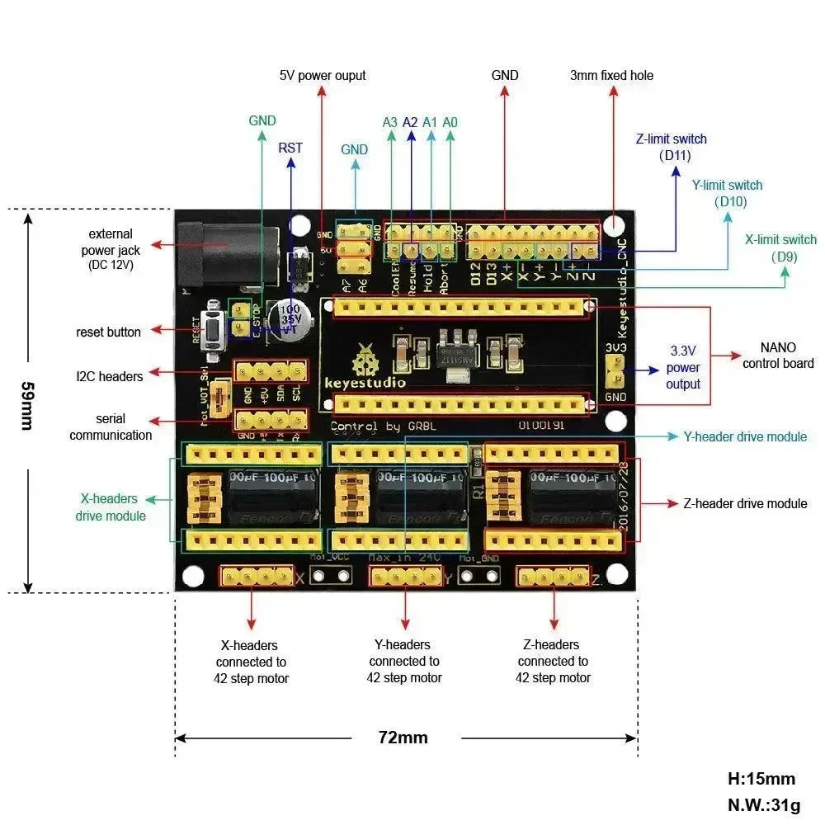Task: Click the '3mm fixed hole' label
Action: click(x=611, y=75)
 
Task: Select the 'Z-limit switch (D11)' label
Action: click(x=671, y=147)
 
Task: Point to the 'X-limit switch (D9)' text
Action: click(x=780, y=248)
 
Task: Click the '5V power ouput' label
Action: click(x=322, y=75)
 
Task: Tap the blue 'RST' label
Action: click(x=290, y=148)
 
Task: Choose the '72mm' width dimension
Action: click(x=403, y=738)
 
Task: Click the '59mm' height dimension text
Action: click(x=27, y=404)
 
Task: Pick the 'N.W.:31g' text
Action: click(x=764, y=805)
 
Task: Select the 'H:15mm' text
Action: click(x=761, y=778)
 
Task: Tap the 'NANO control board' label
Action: click(x=777, y=356)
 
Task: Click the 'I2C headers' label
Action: click(x=109, y=376)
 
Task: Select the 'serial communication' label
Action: click(x=111, y=427)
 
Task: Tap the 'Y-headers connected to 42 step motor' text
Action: click(x=404, y=661)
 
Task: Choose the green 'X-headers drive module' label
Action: click(x=111, y=507)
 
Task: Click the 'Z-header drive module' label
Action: click(x=744, y=502)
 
